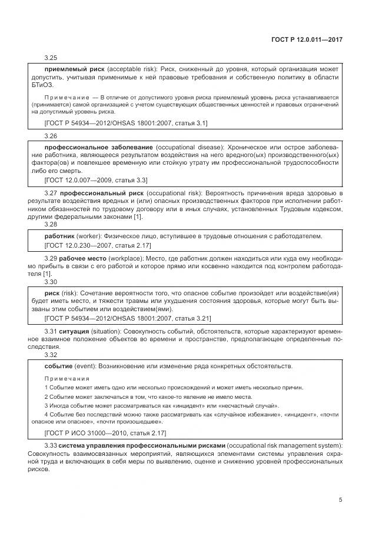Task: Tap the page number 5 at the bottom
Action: (341, 501)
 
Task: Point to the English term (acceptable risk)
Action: (124, 69)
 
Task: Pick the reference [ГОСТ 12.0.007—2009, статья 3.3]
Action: (96, 180)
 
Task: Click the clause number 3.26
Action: (51, 136)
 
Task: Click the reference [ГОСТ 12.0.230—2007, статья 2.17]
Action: (98, 245)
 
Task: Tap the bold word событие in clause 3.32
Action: (59, 366)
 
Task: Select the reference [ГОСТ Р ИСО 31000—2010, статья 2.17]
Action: (105, 433)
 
